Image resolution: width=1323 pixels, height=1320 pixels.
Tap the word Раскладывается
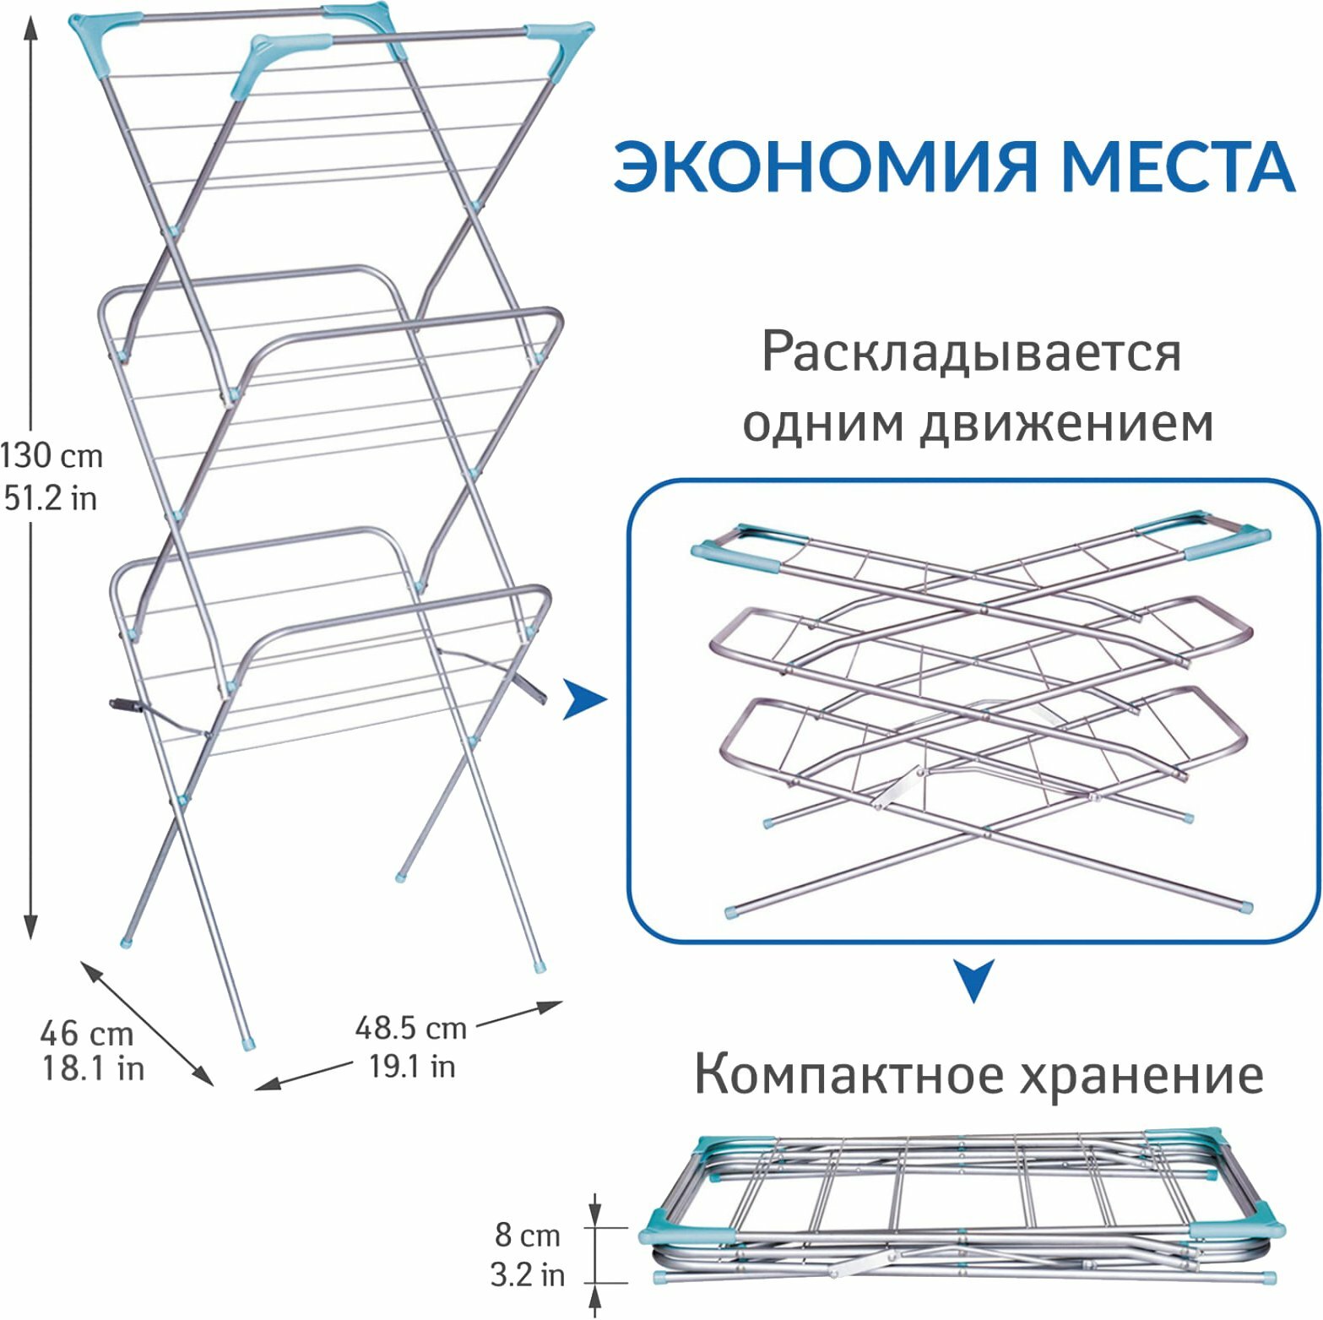[971, 353]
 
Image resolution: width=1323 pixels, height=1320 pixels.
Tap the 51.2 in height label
[51, 498]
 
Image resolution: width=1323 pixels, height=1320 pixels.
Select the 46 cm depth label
[86, 1033]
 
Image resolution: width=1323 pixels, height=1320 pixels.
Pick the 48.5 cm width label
[410, 1028]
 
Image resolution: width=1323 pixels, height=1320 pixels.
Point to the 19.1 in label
[411, 1067]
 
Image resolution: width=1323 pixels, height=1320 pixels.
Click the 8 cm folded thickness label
[527, 1236]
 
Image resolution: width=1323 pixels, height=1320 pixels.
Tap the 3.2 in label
[527, 1274]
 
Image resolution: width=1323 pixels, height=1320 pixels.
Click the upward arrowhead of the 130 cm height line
[31, 30]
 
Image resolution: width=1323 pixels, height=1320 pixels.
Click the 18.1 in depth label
[93, 1069]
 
